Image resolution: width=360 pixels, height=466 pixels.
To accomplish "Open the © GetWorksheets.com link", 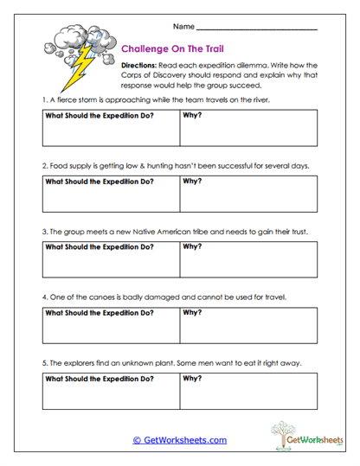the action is point(179,440).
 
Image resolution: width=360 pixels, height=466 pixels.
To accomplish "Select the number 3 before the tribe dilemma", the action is point(44,232).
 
